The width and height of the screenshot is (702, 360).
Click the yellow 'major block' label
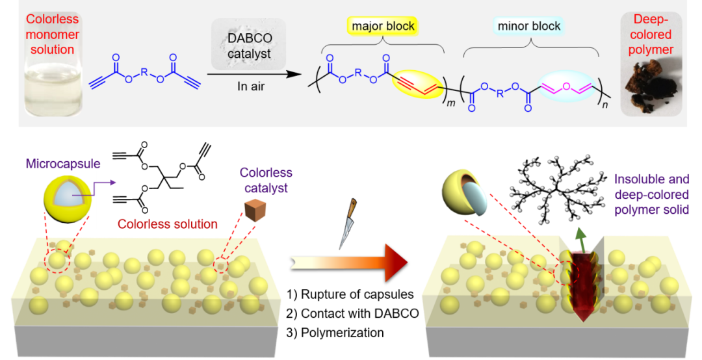[383, 26]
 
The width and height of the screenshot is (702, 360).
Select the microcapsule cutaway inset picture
[67, 199]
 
